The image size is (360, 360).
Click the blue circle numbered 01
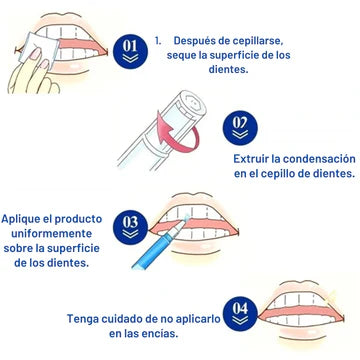[130, 51]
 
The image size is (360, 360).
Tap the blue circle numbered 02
[240, 128]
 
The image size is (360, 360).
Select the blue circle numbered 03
[130, 227]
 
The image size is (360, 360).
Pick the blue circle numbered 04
[240, 314]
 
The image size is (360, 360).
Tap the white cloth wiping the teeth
[39, 49]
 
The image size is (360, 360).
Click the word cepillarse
[262, 41]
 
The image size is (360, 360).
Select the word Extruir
[251, 159]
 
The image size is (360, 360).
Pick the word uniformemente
[51, 233]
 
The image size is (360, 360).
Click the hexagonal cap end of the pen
[193, 102]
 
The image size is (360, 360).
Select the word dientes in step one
[229, 70]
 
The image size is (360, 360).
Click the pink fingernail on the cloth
[34, 53]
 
